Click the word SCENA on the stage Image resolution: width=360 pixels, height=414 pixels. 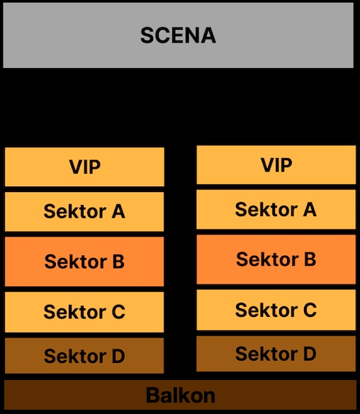point(178,35)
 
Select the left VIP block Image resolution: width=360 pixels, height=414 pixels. point(84,167)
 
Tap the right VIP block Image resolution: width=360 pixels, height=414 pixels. point(276,164)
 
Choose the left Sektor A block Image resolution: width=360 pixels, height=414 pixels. point(84,212)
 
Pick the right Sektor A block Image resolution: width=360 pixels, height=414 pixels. point(276,209)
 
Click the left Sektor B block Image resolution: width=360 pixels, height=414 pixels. point(84,262)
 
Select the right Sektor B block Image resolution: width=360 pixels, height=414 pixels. point(276,259)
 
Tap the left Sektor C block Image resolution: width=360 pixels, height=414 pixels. point(84,312)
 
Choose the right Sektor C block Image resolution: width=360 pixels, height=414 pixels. point(276,310)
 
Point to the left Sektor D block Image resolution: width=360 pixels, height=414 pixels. point(84,356)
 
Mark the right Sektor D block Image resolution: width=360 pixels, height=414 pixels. point(276,354)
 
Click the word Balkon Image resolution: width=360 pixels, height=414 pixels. point(181,396)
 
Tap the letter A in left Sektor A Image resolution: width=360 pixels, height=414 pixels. point(118,211)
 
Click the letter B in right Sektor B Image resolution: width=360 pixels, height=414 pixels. point(310,259)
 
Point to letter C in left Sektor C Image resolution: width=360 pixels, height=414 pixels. point(118,312)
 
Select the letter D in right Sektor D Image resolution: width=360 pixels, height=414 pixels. point(310,354)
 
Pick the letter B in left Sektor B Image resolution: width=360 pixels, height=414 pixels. point(118,262)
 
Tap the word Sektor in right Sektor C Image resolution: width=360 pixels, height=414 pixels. point(266,310)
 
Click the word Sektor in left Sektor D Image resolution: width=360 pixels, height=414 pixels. point(75,356)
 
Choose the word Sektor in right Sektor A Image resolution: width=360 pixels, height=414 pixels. point(266,209)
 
